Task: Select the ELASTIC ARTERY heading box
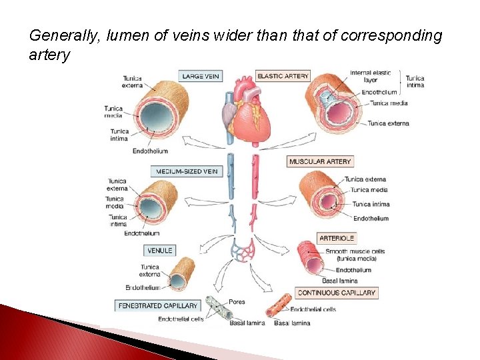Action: point(283,76)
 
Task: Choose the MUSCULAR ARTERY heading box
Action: point(320,161)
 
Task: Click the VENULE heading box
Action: point(160,251)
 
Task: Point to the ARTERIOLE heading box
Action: point(337,238)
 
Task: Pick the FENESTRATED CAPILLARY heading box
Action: point(157,306)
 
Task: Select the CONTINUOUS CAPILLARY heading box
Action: point(337,293)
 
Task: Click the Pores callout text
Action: point(237,302)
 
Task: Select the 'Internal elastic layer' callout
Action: point(370,76)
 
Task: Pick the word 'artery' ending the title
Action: point(49,55)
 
